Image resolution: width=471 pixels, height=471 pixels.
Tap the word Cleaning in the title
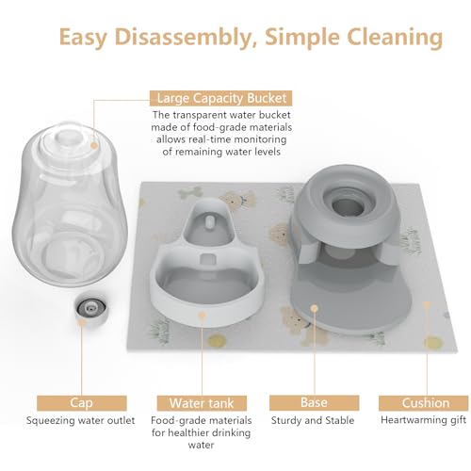point(395,38)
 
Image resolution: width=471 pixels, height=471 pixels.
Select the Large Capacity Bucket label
point(221,98)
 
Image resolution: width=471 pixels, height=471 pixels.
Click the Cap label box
point(82,403)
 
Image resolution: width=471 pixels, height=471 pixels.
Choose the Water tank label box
point(202,403)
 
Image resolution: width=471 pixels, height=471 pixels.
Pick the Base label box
point(314,403)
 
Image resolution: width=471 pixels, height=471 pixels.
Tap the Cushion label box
point(426,403)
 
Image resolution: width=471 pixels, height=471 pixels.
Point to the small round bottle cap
point(91,308)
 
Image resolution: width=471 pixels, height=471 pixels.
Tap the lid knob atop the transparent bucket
point(66,138)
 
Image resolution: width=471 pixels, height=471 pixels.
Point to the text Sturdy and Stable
point(313,420)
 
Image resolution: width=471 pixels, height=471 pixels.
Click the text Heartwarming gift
point(423,420)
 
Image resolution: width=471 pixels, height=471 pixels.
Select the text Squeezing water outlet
point(80,420)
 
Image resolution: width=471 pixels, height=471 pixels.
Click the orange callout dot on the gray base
point(314,308)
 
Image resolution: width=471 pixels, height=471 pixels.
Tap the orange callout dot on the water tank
point(202,315)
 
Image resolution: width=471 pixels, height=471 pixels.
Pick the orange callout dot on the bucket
point(93,145)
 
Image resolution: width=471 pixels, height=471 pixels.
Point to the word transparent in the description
point(200,115)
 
